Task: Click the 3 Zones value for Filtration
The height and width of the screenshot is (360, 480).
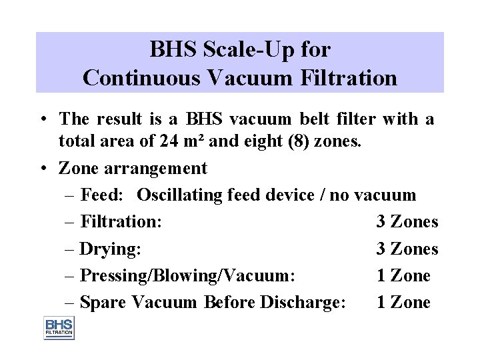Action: point(407,222)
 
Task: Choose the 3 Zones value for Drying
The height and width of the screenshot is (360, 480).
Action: point(407,249)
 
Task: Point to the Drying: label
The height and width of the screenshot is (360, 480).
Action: point(110,249)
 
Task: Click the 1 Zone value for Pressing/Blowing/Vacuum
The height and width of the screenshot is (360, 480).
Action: point(403,275)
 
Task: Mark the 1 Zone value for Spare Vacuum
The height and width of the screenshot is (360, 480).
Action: point(403,302)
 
